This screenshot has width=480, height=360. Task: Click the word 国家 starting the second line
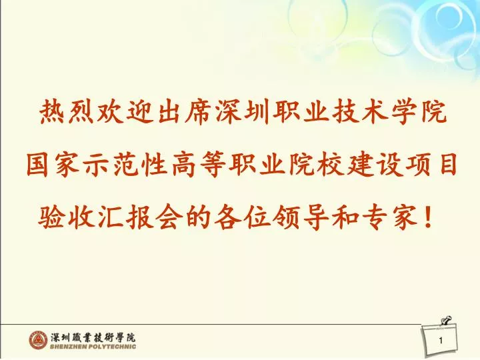click(x=54, y=165)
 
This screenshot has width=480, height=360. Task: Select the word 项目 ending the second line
click(x=431, y=165)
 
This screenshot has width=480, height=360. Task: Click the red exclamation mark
click(x=427, y=217)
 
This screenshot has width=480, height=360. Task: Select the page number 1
click(x=441, y=340)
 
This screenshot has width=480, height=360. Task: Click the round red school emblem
click(x=39, y=340)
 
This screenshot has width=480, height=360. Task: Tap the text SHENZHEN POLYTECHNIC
click(x=93, y=347)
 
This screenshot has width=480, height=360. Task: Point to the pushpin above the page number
click(x=447, y=321)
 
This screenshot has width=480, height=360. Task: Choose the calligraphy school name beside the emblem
click(x=93, y=337)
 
